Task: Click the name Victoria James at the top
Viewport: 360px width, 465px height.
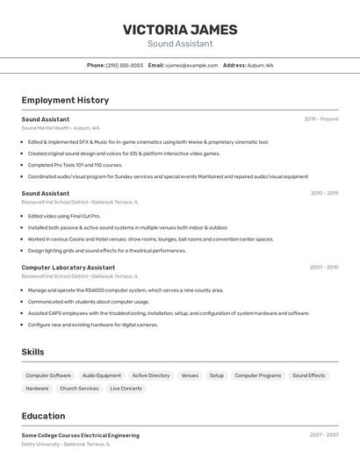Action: [x=180, y=29]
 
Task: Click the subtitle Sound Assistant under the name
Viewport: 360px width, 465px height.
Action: [x=180, y=44]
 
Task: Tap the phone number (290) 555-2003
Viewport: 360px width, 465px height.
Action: [x=124, y=65]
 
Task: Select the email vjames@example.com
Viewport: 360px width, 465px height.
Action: [x=191, y=65]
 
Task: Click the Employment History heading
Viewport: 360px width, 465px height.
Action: [x=65, y=100]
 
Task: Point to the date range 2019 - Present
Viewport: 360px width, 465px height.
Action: [x=320, y=118]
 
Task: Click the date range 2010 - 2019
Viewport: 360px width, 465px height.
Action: [x=323, y=193]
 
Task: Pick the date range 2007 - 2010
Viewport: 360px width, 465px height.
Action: [x=323, y=267]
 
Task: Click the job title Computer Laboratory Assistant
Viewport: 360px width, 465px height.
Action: [x=68, y=267]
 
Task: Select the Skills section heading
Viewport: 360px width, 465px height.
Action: [x=32, y=352]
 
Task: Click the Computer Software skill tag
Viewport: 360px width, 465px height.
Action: [x=48, y=376]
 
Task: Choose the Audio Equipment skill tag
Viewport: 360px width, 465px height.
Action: [x=102, y=376]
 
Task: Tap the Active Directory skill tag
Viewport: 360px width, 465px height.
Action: [x=151, y=376]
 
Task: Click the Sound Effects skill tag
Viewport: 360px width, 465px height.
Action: [x=308, y=376]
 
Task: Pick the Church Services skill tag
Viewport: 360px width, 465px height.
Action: [x=79, y=388]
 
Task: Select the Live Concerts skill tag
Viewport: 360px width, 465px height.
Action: [x=126, y=388]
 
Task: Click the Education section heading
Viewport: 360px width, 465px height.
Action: [x=43, y=416]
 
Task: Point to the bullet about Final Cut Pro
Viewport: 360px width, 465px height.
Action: [x=64, y=216]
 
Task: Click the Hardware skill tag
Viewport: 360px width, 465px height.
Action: [x=37, y=388]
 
